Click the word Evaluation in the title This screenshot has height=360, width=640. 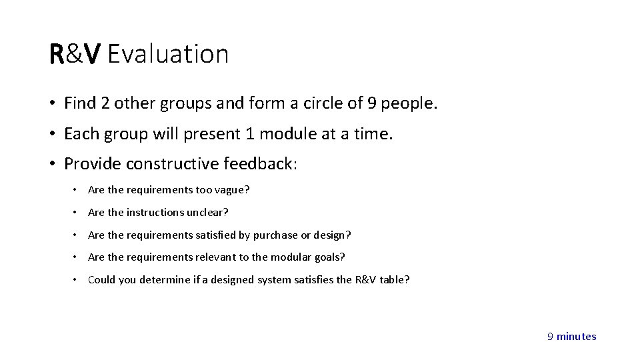click(167, 54)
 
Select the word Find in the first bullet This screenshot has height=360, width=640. click(78, 103)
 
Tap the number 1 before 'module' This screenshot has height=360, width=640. click(249, 134)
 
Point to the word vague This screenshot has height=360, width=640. click(231, 190)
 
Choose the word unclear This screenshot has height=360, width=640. click(208, 213)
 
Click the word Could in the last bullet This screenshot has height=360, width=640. click(101, 279)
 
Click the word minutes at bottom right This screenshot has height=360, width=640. click(577, 337)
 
